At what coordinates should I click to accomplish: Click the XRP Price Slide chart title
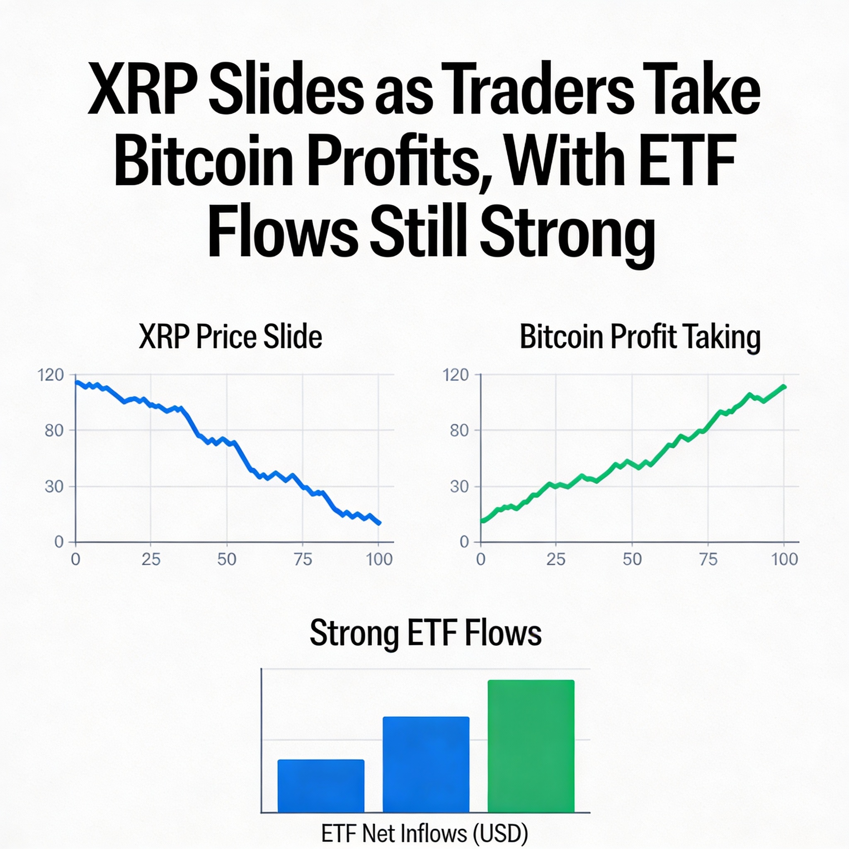tap(230, 337)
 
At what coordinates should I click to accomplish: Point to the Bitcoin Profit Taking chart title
tap(640, 337)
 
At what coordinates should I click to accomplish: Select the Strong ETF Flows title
tap(425, 633)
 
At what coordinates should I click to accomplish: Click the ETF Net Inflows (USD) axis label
tap(424, 833)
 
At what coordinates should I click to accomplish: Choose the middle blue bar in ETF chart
tap(426, 764)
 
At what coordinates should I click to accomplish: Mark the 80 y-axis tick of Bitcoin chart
tap(459, 431)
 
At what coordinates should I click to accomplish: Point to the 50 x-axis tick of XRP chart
tap(227, 559)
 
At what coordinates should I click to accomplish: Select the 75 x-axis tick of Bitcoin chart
tap(708, 559)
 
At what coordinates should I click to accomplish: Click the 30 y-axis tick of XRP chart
tap(54, 486)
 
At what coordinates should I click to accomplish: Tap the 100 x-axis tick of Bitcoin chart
tap(784, 559)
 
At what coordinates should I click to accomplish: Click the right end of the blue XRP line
tap(379, 523)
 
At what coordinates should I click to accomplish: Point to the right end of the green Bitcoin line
tap(784, 387)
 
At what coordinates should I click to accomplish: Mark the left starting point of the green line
tap(482, 521)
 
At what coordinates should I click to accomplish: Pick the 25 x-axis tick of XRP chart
tap(151, 559)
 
